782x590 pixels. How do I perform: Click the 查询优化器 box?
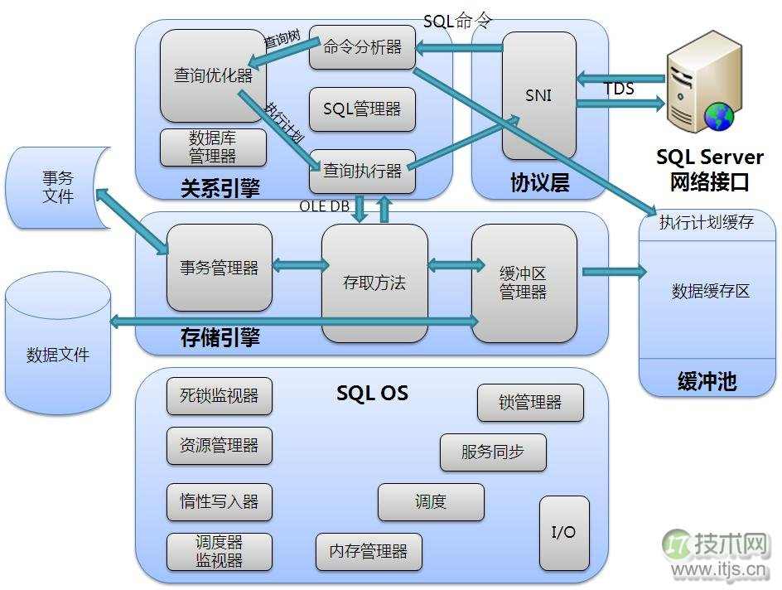coord(213,75)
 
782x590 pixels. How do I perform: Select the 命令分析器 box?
coord(362,47)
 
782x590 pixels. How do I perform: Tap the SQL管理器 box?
coord(362,109)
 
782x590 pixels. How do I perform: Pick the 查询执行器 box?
coord(362,171)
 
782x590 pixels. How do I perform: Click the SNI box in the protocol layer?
coord(538,94)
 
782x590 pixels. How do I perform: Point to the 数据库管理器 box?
coord(213,147)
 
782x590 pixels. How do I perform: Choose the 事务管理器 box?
coord(220,267)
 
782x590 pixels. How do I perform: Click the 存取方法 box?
coord(374,283)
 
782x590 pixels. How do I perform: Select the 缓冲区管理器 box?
coord(524,283)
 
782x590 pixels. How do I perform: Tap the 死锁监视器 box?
coord(220,395)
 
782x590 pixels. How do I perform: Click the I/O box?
coord(564,532)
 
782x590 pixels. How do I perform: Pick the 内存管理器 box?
coord(369,551)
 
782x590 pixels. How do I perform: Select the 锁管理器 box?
coord(530,403)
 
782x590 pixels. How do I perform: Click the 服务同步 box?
coord(493,452)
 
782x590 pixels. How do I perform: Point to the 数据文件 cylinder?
coord(58,355)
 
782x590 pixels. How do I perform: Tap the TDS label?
coord(619,89)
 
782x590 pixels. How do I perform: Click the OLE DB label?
coord(325,206)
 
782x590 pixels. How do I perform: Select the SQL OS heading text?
coord(372,393)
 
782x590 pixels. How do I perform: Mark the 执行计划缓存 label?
coord(707,223)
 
